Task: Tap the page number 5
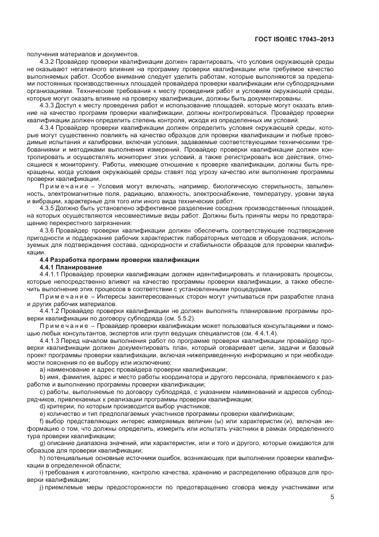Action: pos(333,498)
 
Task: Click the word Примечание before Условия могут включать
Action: pos(65,187)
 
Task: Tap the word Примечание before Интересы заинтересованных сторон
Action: pos(65,296)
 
